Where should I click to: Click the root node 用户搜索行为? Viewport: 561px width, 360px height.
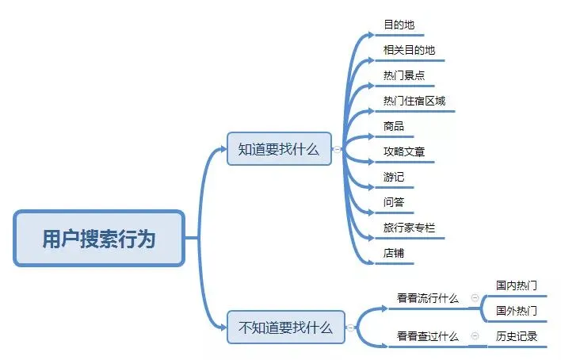point(99,238)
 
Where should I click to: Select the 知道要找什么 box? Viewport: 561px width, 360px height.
point(279,148)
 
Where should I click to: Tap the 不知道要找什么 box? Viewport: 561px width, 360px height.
point(286,327)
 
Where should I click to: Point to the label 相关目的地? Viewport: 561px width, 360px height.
point(409,51)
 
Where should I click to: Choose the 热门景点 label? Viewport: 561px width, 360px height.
point(403,76)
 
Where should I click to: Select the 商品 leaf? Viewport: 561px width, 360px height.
point(394,126)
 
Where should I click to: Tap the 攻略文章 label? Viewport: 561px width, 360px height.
point(403,151)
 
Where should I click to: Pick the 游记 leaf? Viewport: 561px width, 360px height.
point(394,177)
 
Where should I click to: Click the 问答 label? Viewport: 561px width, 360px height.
point(394,202)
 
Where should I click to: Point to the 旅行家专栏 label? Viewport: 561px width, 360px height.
point(409,228)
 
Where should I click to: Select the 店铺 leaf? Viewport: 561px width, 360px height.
point(394,253)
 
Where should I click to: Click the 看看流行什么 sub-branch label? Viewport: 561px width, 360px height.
point(428,298)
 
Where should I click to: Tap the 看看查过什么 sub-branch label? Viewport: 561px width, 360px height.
point(428,336)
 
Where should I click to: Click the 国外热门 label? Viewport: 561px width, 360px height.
point(517,310)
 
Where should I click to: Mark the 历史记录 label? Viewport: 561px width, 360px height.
point(517,336)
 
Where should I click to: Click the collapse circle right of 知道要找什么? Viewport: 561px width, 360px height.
point(338,149)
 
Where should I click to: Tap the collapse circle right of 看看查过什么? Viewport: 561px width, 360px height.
point(475,336)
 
